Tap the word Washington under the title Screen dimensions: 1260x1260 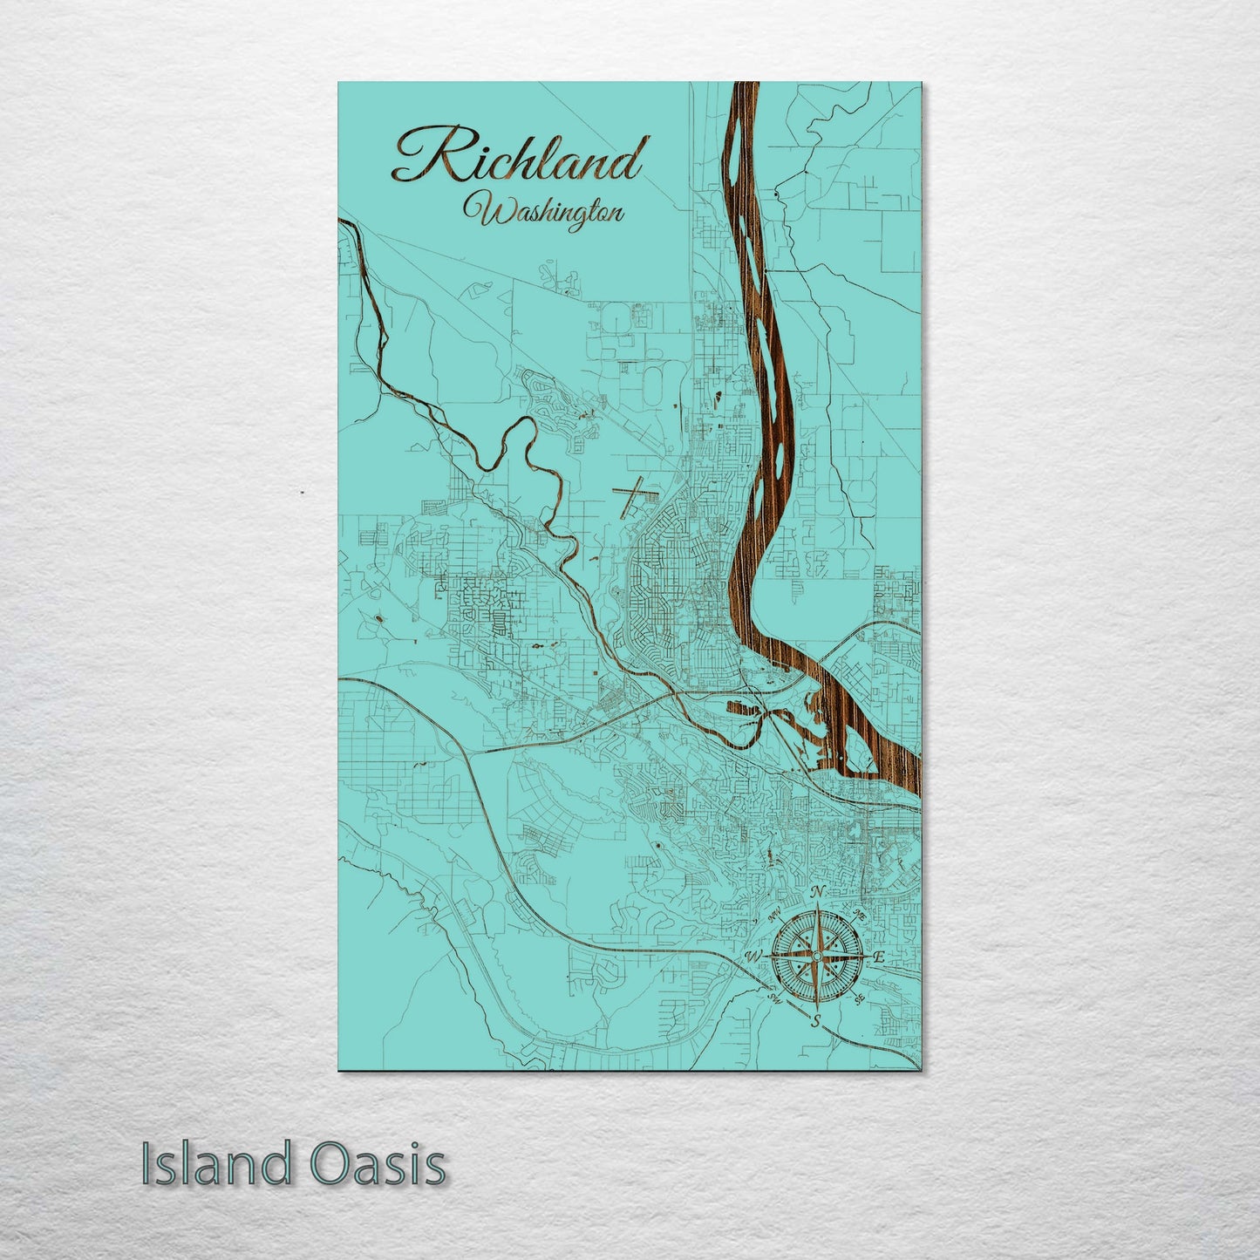click(543, 212)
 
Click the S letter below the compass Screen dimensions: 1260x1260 click(815, 1021)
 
